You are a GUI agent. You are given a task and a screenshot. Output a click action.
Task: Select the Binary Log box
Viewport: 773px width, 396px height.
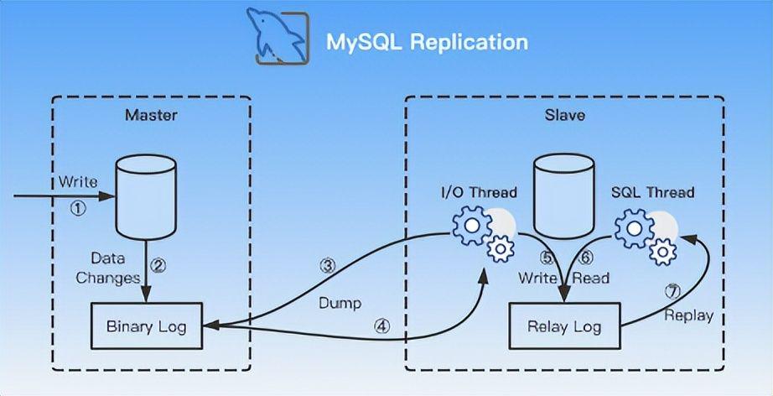[x=148, y=326]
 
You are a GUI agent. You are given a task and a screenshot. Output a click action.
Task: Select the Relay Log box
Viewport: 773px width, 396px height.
[x=563, y=326]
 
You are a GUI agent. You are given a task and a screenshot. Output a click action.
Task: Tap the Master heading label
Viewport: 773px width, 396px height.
[x=151, y=114]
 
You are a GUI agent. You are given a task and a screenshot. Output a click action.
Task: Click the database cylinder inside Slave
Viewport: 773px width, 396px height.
[x=563, y=194]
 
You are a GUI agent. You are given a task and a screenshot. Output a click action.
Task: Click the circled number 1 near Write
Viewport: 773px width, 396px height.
[x=77, y=210]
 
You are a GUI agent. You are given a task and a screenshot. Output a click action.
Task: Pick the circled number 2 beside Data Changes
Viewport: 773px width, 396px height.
[x=158, y=266]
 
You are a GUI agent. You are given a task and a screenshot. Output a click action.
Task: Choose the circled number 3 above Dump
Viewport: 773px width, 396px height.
[x=329, y=266]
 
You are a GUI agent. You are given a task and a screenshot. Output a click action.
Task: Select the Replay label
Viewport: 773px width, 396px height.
[x=688, y=315]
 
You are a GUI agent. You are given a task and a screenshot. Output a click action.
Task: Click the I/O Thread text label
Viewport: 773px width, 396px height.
[x=479, y=192]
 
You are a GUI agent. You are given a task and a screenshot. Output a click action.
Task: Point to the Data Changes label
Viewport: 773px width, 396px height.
[x=107, y=268]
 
